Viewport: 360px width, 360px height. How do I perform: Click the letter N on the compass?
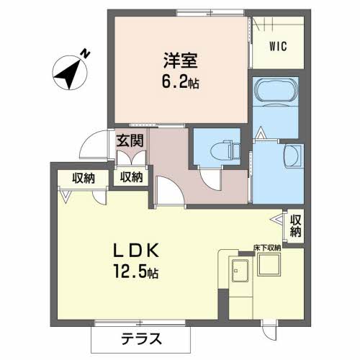click(x=85, y=53)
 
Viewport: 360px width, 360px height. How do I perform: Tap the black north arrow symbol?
click(x=69, y=73)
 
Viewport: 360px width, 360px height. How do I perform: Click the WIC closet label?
click(x=279, y=48)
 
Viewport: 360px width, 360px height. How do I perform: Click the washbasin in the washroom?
click(x=292, y=154)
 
